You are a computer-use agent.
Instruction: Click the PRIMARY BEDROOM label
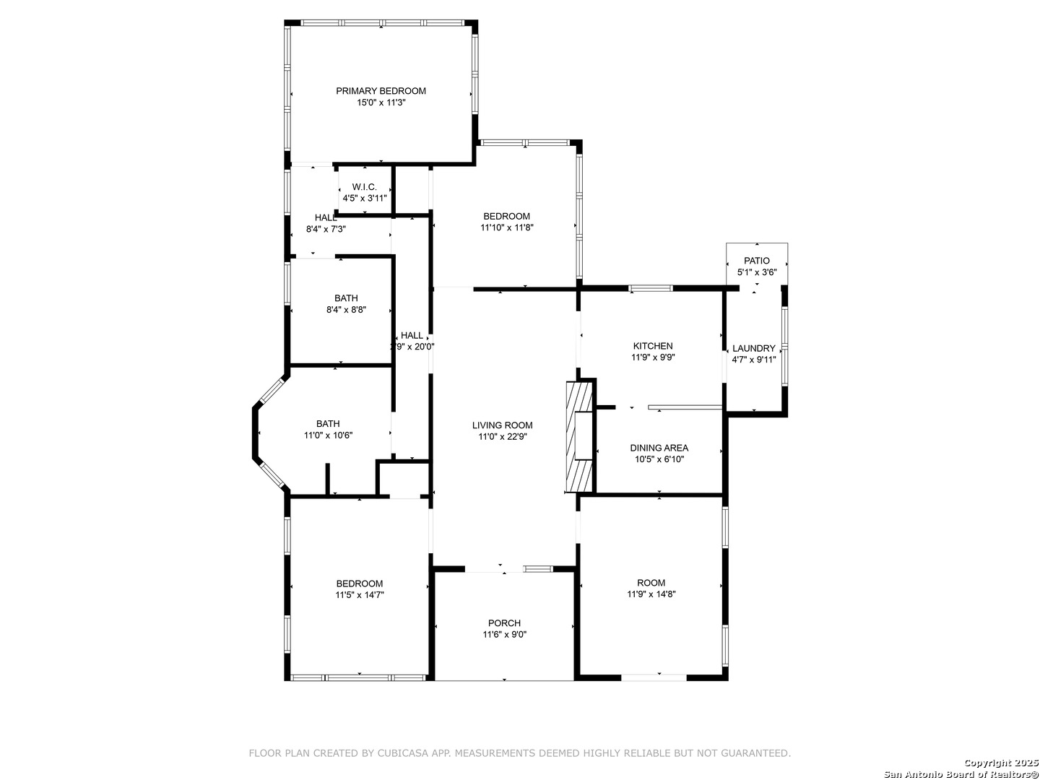click(x=381, y=91)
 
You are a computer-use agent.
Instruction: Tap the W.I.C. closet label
click(x=364, y=187)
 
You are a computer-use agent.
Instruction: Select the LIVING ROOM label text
click(x=502, y=425)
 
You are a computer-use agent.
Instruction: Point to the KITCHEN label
click(x=653, y=346)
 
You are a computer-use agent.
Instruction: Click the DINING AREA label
click(x=659, y=448)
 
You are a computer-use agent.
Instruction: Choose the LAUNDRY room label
click(x=754, y=349)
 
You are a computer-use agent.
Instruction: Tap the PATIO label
click(x=757, y=261)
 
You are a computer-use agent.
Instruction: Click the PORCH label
click(x=504, y=623)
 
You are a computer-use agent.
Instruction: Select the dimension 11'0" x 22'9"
click(x=502, y=437)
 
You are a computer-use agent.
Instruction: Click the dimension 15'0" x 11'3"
click(x=381, y=103)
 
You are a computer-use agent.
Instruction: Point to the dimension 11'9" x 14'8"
click(x=651, y=594)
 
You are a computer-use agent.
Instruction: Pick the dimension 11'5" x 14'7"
click(x=360, y=595)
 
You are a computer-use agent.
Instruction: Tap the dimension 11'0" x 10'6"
click(x=328, y=435)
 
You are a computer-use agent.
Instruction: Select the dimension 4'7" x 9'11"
click(x=754, y=360)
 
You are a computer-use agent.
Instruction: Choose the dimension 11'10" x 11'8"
click(x=507, y=227)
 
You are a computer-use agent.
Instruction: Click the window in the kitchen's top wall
click(x=650, y=288)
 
